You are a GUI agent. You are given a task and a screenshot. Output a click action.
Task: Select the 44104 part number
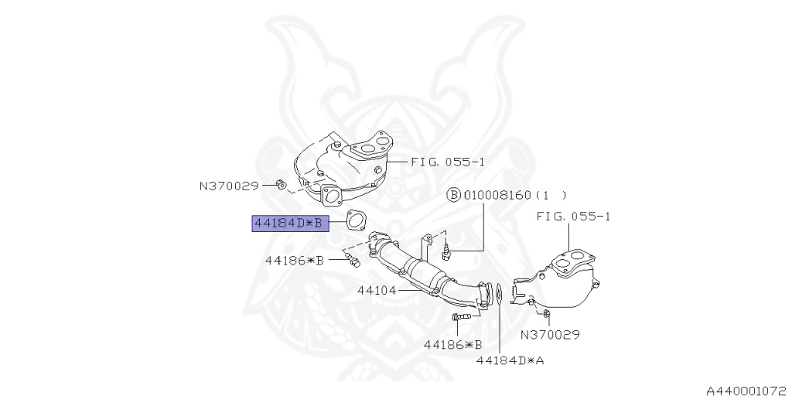point(377,291)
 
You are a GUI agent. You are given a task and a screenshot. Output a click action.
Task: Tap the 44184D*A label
point(510,360)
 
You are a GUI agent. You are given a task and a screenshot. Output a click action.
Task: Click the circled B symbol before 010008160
point(454,195)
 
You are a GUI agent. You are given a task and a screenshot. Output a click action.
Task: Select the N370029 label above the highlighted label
point(229,186)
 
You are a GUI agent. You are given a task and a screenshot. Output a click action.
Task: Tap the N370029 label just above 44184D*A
point(550,335)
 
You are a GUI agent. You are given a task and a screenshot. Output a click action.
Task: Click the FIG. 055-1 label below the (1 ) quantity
point(573,217)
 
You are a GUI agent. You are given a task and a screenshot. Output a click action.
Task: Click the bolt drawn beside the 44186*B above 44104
point(352,261)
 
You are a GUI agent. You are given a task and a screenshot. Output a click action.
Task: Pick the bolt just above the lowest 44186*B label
point(459,317)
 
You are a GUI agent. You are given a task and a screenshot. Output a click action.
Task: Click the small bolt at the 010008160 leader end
point(446,249)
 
